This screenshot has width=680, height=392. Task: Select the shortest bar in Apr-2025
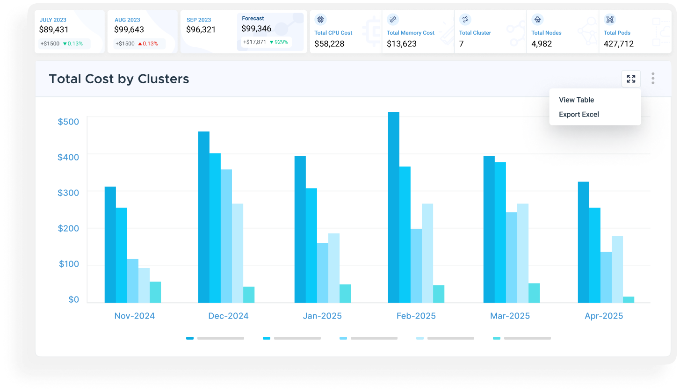(629, 299)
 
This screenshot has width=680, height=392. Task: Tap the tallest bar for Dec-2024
(204, 217)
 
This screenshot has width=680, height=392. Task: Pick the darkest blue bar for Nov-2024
(110, 244)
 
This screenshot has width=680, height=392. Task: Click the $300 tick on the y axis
(68, 193)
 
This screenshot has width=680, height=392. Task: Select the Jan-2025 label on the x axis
(322, 316)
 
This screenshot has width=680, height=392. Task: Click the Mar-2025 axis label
(510, 316)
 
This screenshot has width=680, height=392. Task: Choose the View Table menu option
(576, 100)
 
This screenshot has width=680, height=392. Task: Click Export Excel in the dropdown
(579, 114)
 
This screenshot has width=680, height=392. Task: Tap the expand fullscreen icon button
(631, 79)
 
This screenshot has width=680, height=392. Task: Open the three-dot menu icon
(653, 79)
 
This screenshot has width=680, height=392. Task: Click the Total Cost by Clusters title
(119, 79)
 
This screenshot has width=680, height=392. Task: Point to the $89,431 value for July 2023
(54, 29)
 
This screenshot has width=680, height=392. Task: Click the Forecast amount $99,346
(256, 29)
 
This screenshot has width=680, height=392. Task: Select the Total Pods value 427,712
(618, 44)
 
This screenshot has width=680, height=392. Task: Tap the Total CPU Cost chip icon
(320, 20)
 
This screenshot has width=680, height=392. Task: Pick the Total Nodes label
(546, 33)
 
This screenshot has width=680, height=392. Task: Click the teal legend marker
(497, 338)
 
